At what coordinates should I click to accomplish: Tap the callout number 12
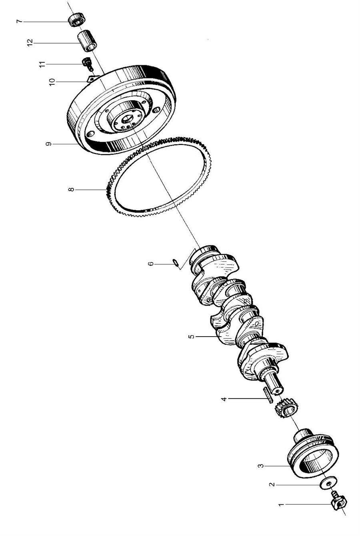(30, 43)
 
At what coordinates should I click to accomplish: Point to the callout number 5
(192, 337)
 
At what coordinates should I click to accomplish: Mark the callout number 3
(260, 466)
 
